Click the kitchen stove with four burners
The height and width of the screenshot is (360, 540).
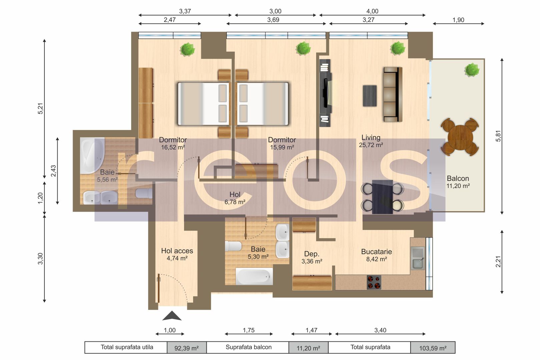374,282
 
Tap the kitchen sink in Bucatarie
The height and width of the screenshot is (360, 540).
418,258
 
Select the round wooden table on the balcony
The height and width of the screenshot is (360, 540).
460,137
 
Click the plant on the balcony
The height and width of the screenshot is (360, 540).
472,70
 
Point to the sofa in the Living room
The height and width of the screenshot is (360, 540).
393,94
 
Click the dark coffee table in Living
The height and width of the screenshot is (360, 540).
370,96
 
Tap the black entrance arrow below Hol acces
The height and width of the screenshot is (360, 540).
172,316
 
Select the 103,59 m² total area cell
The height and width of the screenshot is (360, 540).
433,348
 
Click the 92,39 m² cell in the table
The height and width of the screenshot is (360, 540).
186,348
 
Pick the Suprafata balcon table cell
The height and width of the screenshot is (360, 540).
248,347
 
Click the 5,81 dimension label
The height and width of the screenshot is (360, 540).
498,136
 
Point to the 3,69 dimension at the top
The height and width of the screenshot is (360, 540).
273,20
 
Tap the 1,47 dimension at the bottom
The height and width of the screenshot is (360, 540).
312,330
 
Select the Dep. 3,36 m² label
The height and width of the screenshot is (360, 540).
312,257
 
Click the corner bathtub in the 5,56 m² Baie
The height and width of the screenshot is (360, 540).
92,155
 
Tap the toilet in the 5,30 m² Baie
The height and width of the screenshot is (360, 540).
233,246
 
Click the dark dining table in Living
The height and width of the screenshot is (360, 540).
382,197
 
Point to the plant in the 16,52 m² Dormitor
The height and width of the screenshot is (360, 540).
187,49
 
